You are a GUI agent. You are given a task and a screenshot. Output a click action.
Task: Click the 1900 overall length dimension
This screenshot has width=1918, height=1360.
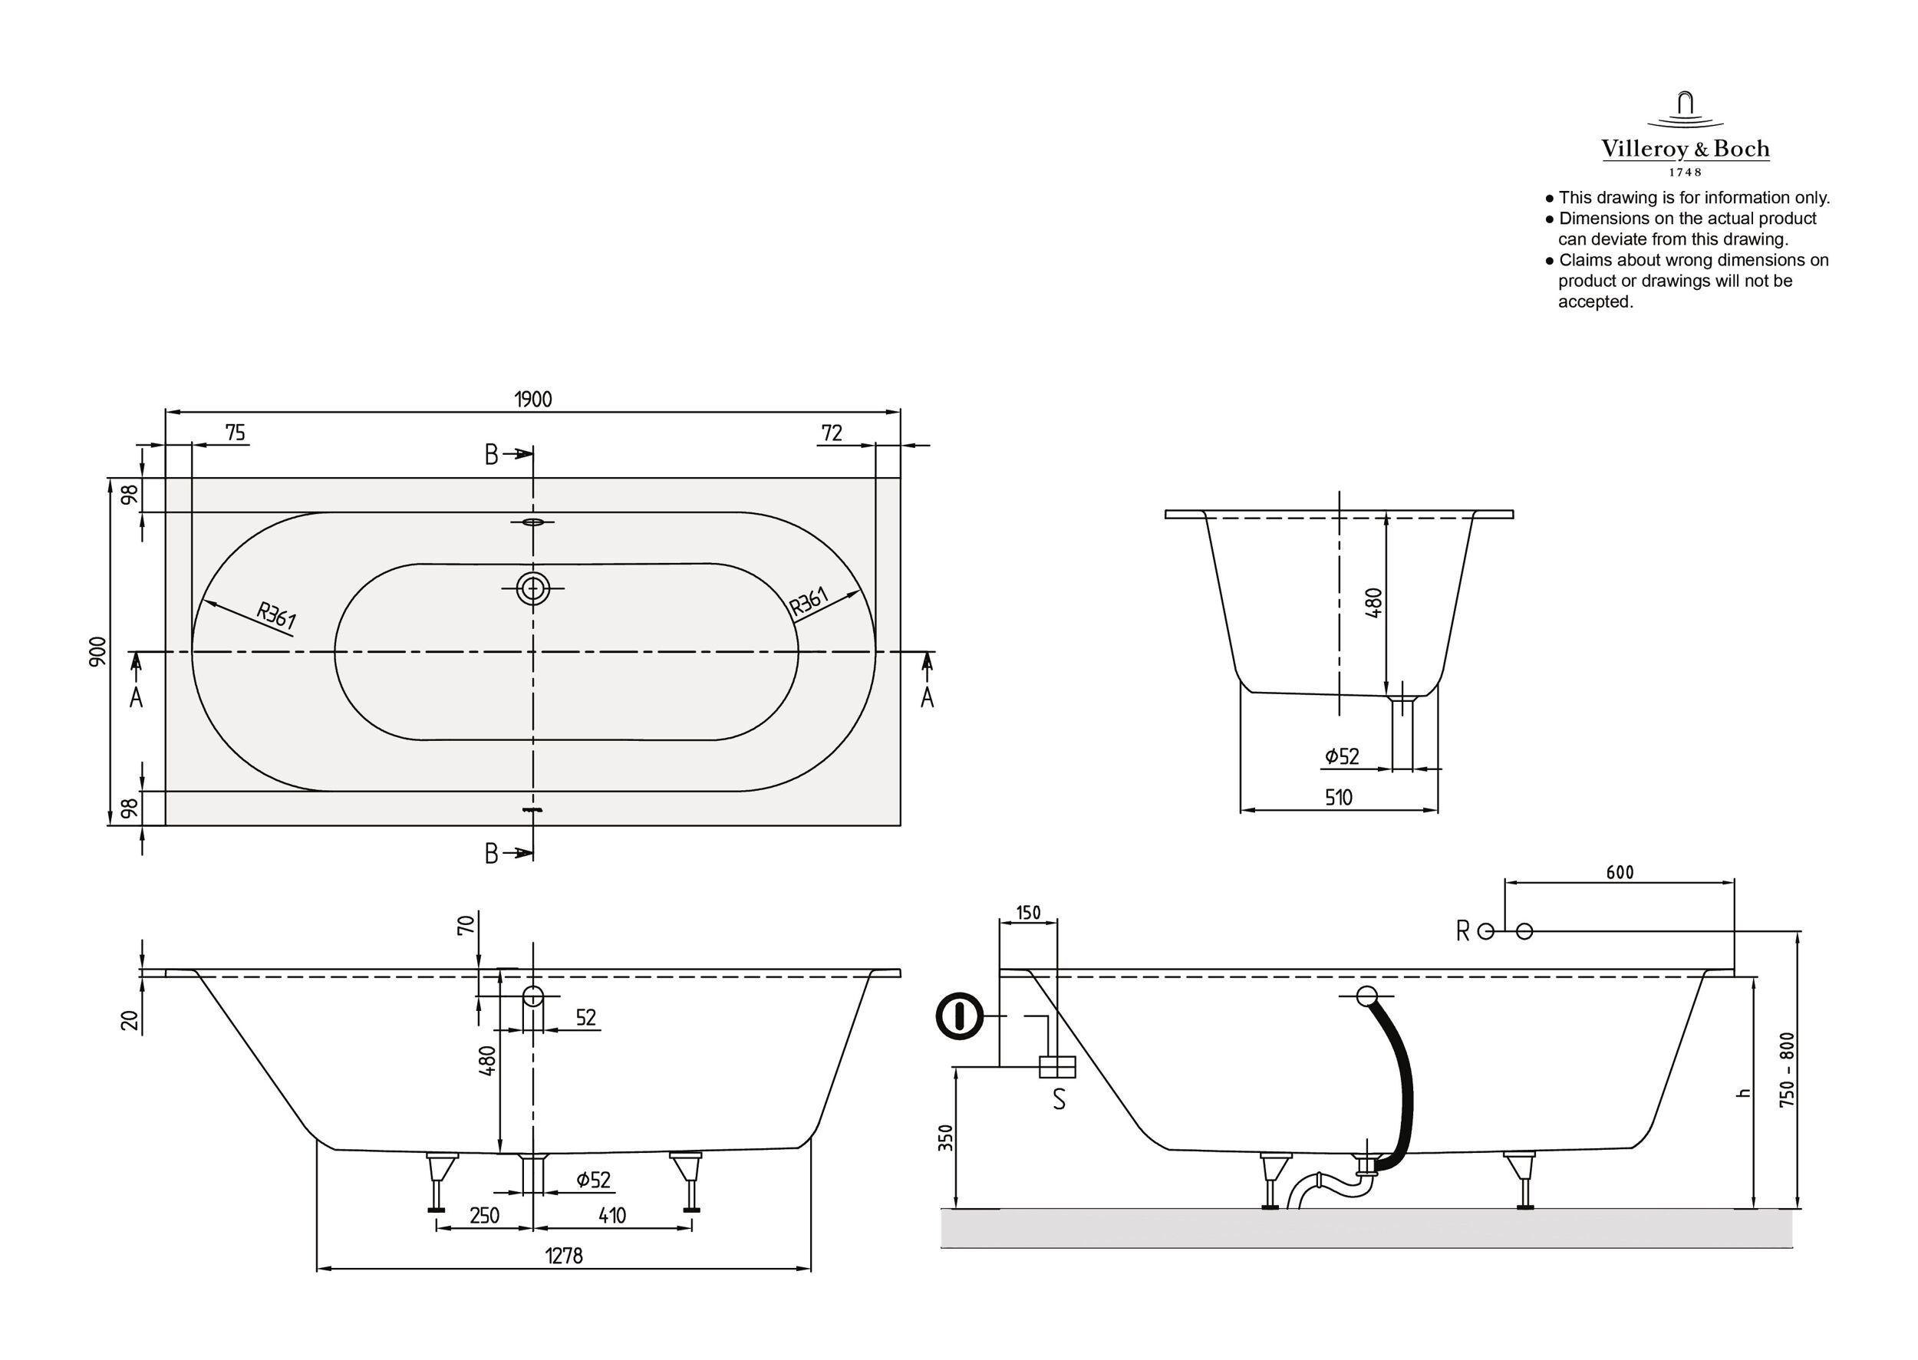pos(532,400)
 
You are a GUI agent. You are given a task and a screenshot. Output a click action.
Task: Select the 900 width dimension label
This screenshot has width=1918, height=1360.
pos(98,651)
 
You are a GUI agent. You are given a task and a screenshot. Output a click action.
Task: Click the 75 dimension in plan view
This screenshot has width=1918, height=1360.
pos(236,433)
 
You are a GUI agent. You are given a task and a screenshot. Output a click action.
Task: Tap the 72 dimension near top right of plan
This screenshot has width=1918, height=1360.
pos(831,433)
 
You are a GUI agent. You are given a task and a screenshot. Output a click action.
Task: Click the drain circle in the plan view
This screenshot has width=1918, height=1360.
pos(532,588)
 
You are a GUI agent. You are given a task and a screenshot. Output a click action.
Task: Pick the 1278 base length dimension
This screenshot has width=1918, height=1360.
pos(564,1256)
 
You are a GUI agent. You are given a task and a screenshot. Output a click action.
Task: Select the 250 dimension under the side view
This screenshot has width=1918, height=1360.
pos(484,1215)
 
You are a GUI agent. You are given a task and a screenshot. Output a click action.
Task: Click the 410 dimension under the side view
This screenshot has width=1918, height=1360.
pos(612,1215)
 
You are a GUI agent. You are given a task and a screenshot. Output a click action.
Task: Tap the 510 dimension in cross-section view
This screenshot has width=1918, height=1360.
pos(1339,797)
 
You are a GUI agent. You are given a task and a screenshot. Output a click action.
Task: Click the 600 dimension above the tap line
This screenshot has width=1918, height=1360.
pos(1620,873)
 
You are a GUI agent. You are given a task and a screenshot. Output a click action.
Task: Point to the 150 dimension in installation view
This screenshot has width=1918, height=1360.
pos(1028,913)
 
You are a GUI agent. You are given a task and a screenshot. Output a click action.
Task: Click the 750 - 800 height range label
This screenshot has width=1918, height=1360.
pos(1788,1070)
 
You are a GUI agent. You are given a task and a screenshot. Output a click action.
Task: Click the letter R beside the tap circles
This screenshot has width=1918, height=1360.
pos(1462,931)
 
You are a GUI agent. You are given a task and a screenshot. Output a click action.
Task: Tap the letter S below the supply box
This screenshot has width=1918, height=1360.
pos(1059,1099)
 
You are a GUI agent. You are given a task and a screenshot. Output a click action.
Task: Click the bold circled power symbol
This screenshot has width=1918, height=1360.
pos(959,1016)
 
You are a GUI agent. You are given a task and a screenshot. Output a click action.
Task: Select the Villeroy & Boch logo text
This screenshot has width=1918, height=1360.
pos(1686,149)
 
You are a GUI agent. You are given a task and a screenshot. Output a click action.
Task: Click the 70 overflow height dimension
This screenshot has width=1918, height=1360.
pos(466,924)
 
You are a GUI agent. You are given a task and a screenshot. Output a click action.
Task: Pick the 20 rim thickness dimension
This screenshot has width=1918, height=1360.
pos(130,1020)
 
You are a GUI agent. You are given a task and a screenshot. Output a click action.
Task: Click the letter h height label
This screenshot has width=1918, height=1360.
pos(1745,1093)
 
